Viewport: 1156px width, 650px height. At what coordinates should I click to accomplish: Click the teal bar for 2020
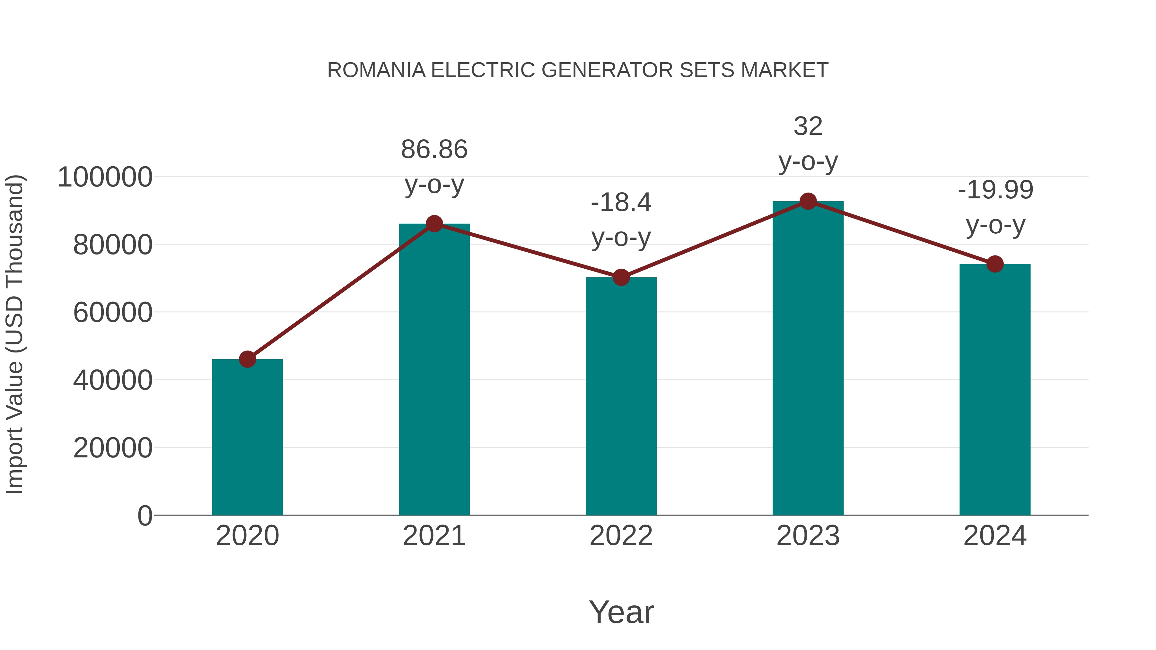click(247, 438)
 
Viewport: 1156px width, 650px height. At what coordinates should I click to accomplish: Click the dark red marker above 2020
click(247, 359)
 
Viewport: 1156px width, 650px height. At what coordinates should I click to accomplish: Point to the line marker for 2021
click(434, 223)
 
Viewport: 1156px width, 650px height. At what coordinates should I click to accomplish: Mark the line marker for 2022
click(621, 278)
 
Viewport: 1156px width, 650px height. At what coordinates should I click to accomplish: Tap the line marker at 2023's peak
click(808, 201)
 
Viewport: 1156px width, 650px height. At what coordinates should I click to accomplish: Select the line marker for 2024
click(995, 264)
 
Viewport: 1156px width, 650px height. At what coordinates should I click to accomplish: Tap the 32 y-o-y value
click(808, 126)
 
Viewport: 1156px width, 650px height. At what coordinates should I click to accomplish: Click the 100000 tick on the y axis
click(105, 177)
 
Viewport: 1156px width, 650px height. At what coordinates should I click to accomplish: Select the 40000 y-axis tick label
click(113, 380)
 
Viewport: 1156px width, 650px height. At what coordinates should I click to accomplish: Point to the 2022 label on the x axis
click(621, 536)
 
